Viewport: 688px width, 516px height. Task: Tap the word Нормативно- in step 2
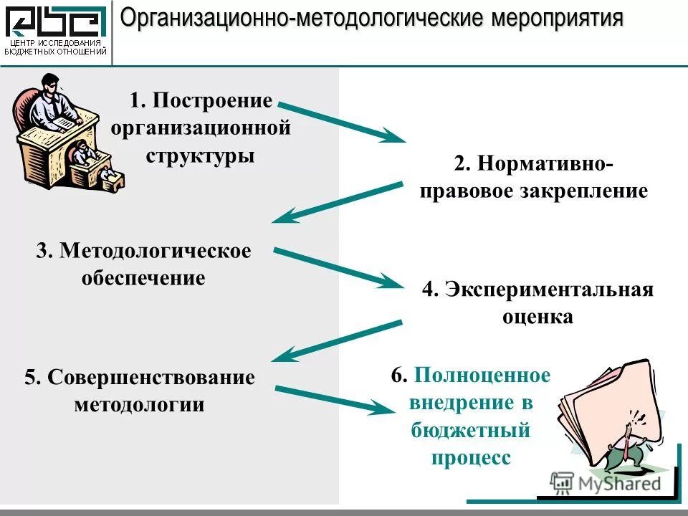coord(550,163)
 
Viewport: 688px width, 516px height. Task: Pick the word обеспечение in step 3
coord(143,278)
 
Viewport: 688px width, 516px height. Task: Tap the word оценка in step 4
coord(537,317)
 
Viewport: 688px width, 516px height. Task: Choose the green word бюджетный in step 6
coord(470,430)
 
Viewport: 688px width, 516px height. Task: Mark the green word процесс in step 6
coord(471,457)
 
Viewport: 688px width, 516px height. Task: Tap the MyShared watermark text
coord(619,483)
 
